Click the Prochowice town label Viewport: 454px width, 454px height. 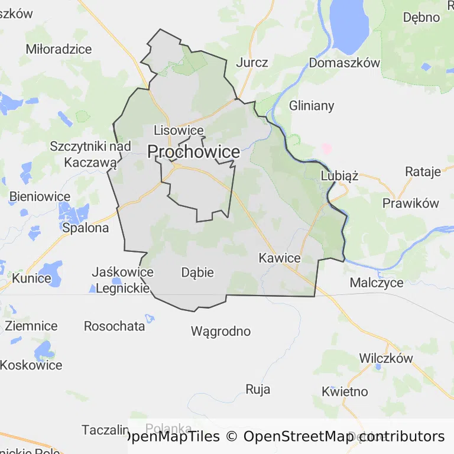coord(193,152)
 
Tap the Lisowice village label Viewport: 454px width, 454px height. coord(179,131)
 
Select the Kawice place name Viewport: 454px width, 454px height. coord(280,258)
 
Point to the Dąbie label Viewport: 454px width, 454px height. coord(197,273)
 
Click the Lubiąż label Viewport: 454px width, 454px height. coord(339,176)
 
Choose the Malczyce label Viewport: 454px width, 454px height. coord(377,283)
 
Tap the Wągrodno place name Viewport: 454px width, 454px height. coord(220,331)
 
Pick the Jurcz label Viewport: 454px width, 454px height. coord(252,63)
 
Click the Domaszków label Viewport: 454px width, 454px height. coord(344,63)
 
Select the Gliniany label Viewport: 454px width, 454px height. coord(312,106)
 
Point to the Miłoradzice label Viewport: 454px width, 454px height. coord(59,49)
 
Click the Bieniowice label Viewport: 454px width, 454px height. coord(40,197)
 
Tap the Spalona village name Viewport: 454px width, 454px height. coord(86,228)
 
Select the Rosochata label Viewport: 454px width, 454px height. coord(115,326)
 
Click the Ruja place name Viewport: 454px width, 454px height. coord(258,389)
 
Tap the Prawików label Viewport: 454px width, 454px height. coord(411,203)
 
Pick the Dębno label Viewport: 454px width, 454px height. coord(421,17)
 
